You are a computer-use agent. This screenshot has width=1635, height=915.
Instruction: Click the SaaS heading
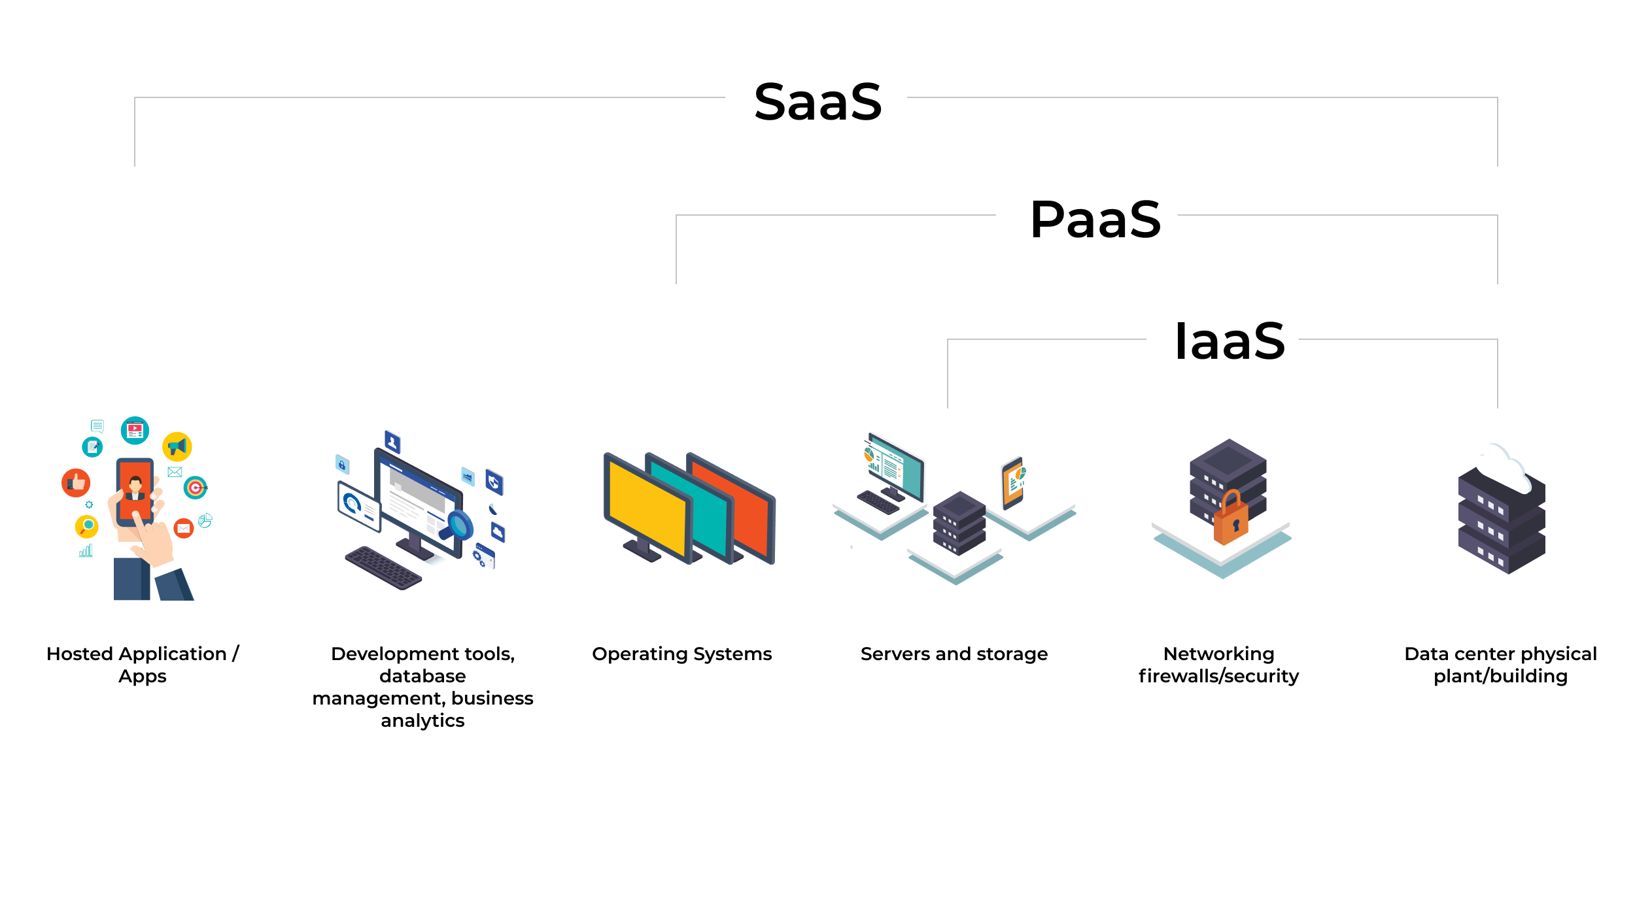(817, 103)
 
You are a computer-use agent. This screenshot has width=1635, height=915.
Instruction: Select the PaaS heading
(1095, 220)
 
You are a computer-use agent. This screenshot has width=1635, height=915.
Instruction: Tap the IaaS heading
(1230, 341)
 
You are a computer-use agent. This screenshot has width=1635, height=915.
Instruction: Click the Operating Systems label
(681, 654)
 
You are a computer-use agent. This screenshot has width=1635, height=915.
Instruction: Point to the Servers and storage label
(954, 654)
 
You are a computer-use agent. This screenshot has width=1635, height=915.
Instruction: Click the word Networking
(1218, 654)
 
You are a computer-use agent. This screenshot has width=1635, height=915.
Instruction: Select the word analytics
(422, 721)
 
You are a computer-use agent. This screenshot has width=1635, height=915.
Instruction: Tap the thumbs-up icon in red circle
(76, 483)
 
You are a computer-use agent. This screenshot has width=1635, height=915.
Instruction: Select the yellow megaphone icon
(177, 447)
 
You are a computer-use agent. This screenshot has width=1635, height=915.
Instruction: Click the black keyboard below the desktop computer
(383, 568)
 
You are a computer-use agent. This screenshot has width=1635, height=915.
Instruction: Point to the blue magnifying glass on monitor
(460, 525)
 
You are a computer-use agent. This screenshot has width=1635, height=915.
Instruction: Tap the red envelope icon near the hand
(184, 528)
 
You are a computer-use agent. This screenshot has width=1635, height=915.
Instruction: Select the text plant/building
(1500, 676)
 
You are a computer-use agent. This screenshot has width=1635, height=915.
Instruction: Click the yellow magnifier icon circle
(86, 526)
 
